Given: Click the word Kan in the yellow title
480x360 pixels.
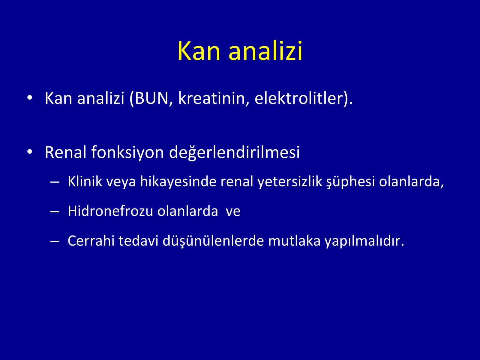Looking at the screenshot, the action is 199,51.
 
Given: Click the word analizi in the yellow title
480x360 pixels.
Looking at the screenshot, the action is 265,51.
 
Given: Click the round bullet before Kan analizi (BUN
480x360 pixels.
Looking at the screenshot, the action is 30,97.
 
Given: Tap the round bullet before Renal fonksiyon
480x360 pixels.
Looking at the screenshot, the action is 30,151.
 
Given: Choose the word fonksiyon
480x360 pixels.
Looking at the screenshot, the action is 127,152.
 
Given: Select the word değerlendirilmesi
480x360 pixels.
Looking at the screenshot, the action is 234,152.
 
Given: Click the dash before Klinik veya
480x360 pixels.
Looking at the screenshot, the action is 55,181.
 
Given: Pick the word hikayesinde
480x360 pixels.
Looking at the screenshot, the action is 178,181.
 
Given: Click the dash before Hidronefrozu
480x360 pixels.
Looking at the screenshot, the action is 55,211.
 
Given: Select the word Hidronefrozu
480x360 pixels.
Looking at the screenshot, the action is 110,211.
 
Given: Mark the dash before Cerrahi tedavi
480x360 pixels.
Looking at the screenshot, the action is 55,241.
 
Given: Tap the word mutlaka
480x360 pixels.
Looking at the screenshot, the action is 294,241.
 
